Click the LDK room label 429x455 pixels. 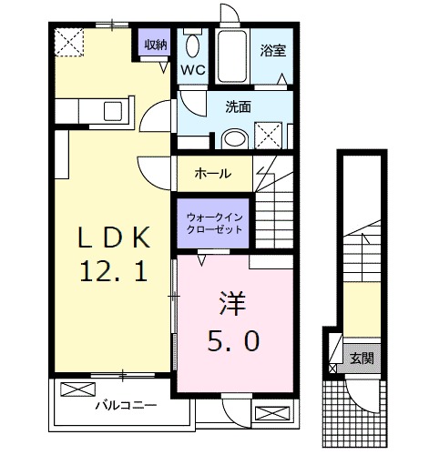[x=112, y=238]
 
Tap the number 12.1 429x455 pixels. [x=112, y=270]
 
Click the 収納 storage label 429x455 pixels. [x=154, y=42]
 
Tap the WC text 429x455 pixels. [x=192, y=69]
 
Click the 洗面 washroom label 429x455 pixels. [x=239, y=106]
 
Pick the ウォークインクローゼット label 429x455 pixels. [x=214, y=224]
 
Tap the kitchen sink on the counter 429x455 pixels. [x=115, y=111]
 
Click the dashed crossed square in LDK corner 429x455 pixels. [x=67, y=42]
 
